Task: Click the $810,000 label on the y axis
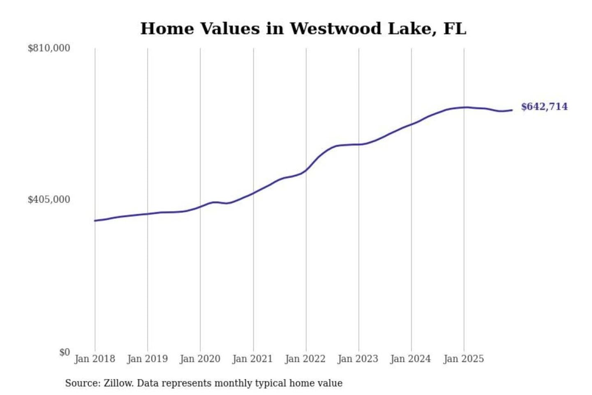click(49, 48)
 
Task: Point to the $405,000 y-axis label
click(49, 200)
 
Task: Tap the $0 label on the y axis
click(65, 352)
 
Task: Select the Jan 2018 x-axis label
click(95, 359)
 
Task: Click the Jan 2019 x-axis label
click(147, 359)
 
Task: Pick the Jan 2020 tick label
click(200, 359)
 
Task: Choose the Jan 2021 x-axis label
click(252, 359)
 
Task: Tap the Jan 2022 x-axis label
click(305, 359)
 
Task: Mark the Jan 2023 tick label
click(358, 359)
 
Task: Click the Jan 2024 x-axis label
click(410, 359)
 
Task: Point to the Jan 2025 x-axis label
click(463, 359)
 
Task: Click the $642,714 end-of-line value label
click(544, 107)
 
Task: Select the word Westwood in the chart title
click(335, 29)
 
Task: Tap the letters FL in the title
click(455, 29)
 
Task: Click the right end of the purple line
click(512, 110)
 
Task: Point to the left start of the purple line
click(95, 221)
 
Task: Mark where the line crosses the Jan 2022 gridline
click(306, 170)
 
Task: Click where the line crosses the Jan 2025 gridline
click(464, 107)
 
